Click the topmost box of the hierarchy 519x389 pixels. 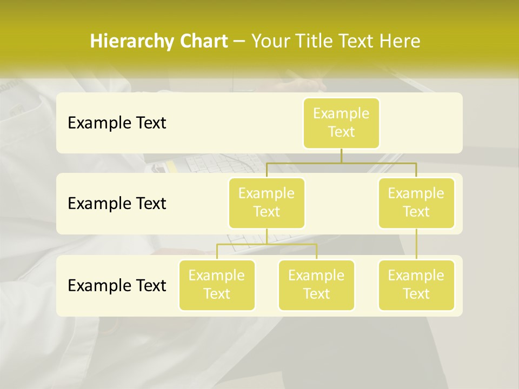[x=341, y=123]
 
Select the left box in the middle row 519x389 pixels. [x=267, y=203]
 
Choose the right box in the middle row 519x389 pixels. [x=416, y=203]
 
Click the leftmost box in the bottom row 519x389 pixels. [x=217, y=285]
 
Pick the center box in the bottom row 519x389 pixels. [x=316, y=285]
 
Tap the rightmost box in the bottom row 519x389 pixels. [x=416, y=285]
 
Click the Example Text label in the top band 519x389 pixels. [x=117, y=123]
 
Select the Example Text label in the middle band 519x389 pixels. [x=117, y=204]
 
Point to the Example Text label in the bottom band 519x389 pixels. [x=117, y=285]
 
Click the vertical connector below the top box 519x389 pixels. [x=341, y=156]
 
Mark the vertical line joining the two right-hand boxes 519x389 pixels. [x=416, y=244]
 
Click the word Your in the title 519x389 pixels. [x=269, y=42]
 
